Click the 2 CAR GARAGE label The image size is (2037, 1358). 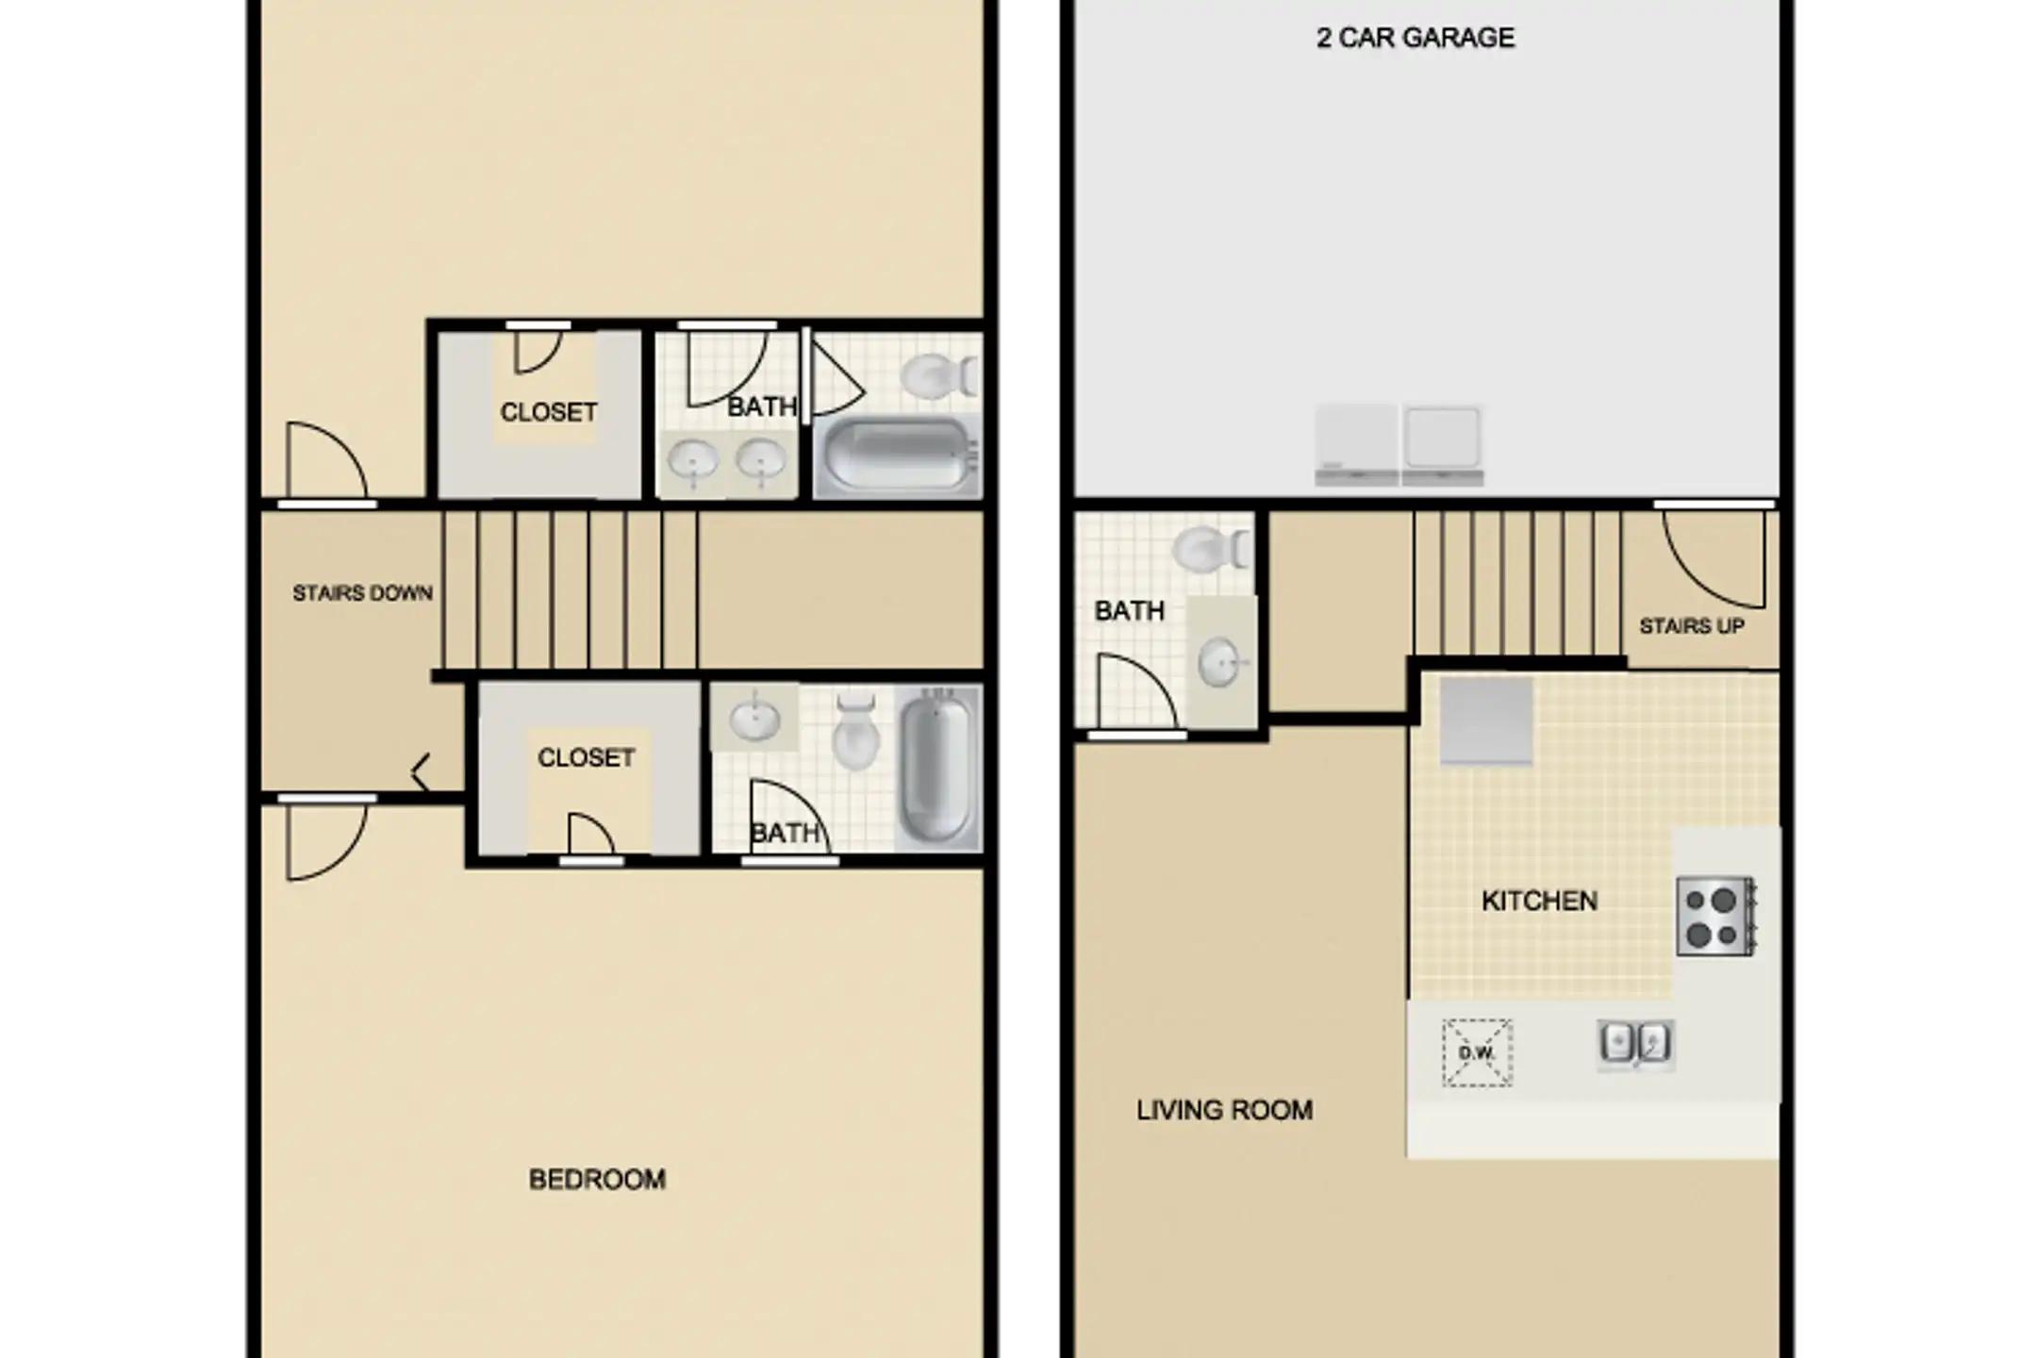pos(1416,38)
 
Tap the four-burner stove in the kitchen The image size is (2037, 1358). pos(1715,917)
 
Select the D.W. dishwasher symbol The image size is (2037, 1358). pos(1478,1052)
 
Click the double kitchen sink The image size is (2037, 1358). pos(1635,1044)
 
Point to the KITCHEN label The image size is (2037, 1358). pos(1540,901)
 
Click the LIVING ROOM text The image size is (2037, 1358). pos(1224,1110)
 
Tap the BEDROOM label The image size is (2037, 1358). pos(597,1179)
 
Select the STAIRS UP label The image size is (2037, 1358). pos(1692,626)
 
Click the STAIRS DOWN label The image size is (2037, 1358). pos(362,593)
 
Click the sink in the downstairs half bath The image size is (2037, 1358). pos(1221,662)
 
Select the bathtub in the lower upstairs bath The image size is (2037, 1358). pos(937,765)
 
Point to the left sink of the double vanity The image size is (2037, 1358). pos(694,462)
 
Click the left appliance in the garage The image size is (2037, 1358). pos(1356,445)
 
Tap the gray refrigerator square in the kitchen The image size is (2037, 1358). pos(1486,720)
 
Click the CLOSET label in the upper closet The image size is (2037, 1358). pos(549,412)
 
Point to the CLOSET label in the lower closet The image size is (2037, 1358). pos(586,757)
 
